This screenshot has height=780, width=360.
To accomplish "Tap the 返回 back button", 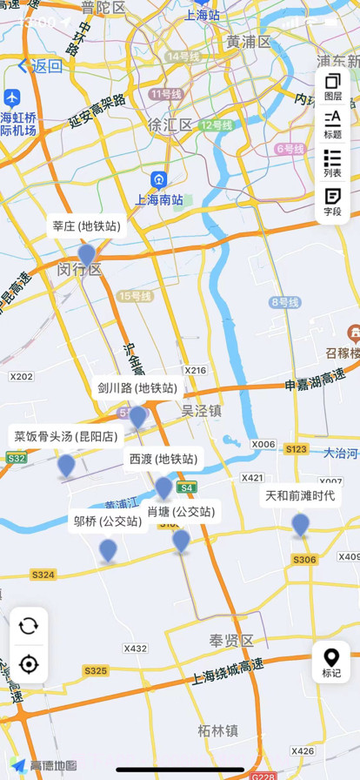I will (40, 65).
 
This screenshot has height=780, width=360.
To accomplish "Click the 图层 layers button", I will (332, 87).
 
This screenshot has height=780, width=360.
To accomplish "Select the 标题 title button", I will (332, 124).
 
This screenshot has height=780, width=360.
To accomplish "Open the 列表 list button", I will (332, 163).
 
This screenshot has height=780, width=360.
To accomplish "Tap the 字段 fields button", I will (332, 201).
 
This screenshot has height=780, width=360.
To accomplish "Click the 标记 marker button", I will (331, 662).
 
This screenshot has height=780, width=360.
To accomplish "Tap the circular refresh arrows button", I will (29, 625).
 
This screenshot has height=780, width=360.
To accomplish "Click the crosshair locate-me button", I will (29, 664).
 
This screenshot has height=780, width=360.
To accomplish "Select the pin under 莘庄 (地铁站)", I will (86, 254).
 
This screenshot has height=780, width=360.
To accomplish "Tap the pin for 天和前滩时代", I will (300, 524).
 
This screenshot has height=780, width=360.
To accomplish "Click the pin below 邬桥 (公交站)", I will (108, 549).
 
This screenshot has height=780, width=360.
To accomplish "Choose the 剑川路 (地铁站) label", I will (137, 388).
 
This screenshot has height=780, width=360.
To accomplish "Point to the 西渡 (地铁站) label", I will (163, 459).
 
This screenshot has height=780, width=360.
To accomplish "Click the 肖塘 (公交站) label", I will (181, 511).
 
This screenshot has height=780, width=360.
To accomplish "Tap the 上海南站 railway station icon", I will (158, 180).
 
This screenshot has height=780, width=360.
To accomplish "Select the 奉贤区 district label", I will (230, 641).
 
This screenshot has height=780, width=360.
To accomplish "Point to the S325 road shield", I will (96, 670).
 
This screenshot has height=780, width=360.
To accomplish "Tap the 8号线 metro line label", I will (284, 302).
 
